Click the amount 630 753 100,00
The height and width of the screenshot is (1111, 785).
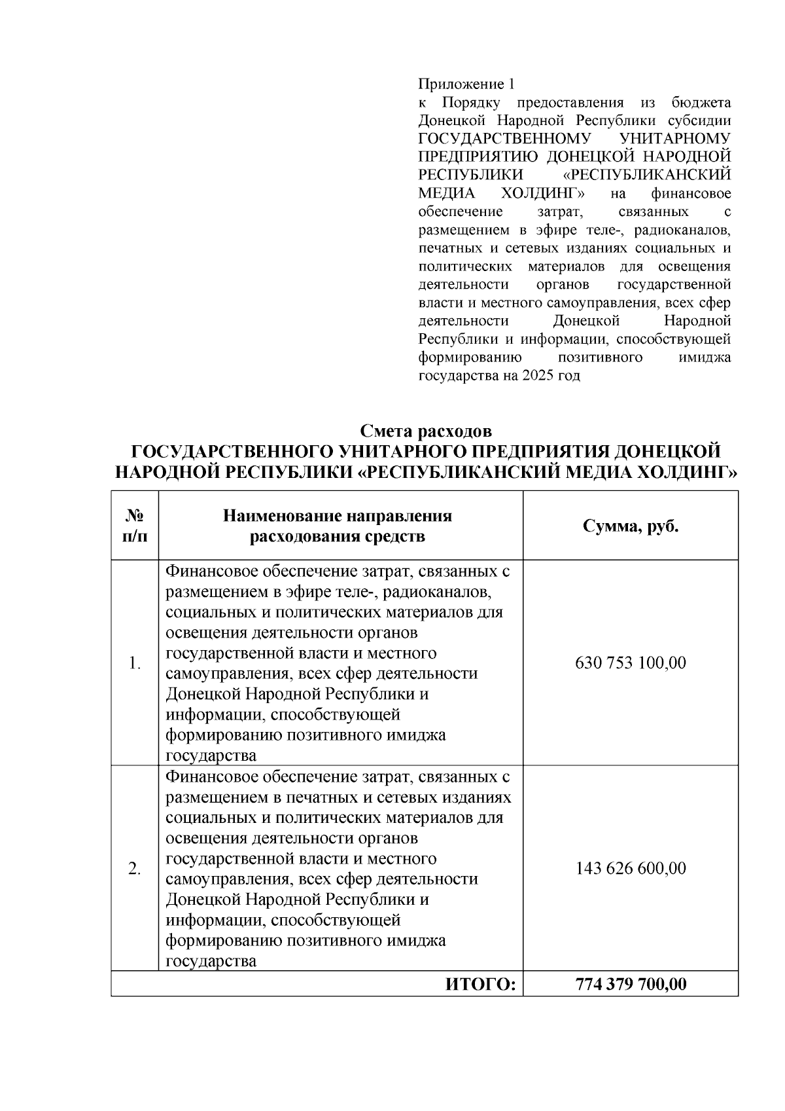pyautogui.click(x=630, y=663)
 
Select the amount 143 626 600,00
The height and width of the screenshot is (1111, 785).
pyautogui.click(x=630, y=869)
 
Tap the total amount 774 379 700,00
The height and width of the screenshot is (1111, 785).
pyautogui.click(x=630, y=984)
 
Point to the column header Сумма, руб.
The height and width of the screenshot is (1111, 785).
pyautogui.click(x=630, y=526)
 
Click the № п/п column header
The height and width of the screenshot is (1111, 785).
pyautogui.click(x=135, y=526)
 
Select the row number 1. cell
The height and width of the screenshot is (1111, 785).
pyautogui.click(x=135, y=663)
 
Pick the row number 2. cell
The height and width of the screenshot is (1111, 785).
pyautogui.click(x=135, y=869)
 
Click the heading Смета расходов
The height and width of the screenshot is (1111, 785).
pyautogui.click(x=425, y=431)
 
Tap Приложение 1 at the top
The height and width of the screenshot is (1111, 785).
pyautogui.click(x=466, y=84)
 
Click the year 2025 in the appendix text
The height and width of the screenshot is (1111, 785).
pyautogui.click(x=537, y=376)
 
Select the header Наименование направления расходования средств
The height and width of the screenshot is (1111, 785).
pyautogui.click(x=338, y=526)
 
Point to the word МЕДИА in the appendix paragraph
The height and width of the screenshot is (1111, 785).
pyautogui.click(x=442, y=194)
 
